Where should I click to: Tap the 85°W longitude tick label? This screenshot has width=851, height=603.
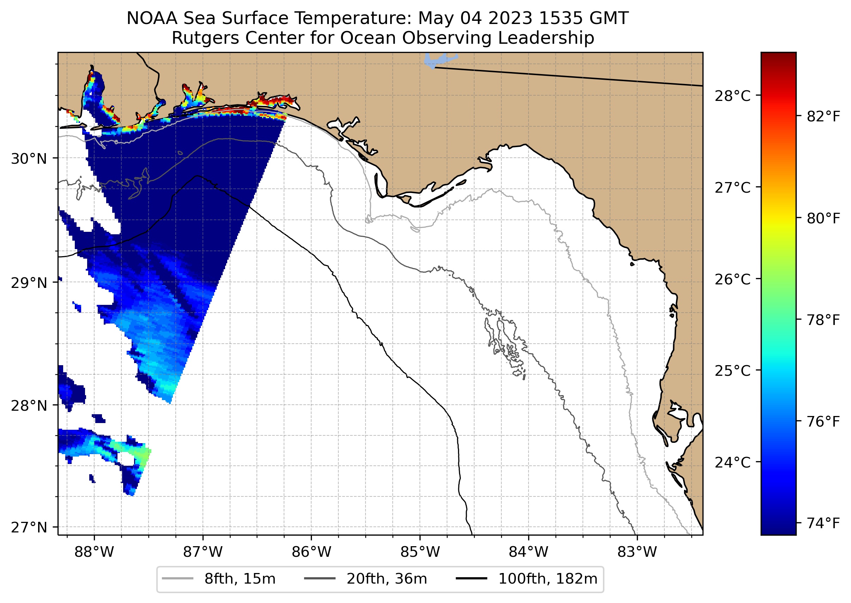tap(420, 552)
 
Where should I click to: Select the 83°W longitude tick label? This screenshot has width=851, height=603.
tap(637, 552)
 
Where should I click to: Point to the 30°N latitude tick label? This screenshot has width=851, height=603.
tap(29, 159)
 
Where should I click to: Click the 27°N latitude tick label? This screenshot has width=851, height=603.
tap(29, 527)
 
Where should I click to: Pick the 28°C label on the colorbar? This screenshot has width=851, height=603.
tap(732, 96)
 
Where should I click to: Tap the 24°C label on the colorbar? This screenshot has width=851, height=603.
tap(732, 463)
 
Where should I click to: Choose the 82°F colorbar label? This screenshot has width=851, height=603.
tap(823, 116)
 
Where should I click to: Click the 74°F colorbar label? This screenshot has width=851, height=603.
tap(823, 524)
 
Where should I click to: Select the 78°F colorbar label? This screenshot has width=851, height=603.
tap(823, 320)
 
